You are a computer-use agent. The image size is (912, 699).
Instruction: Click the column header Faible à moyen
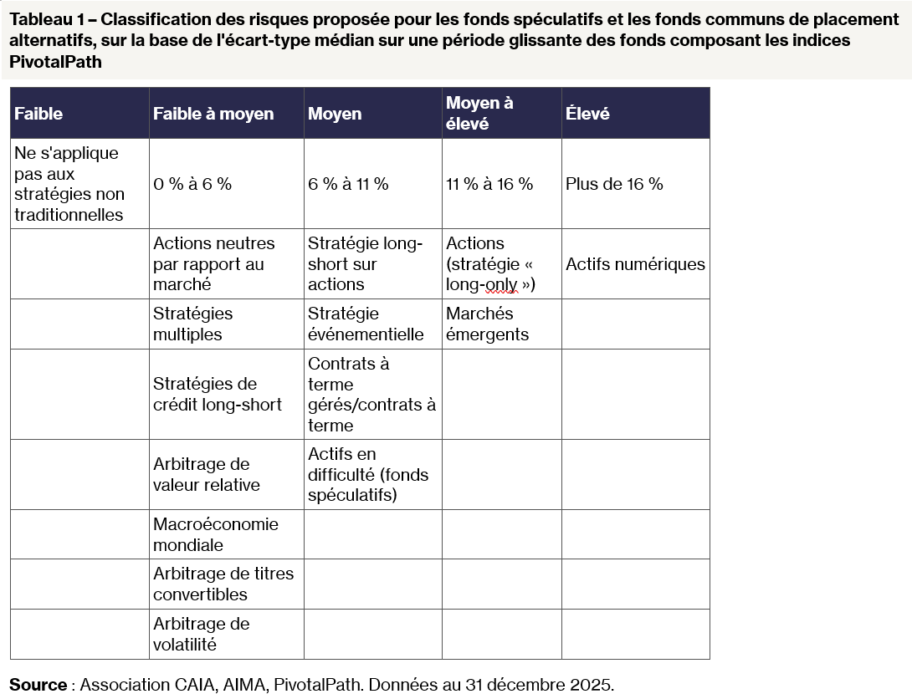[x=213, y=114]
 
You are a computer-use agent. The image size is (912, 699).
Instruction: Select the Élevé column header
[x=588, y=114]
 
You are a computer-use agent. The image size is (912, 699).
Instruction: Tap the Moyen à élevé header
[x=479, y=113]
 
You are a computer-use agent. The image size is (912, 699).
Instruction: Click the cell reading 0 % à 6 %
[x=192, y=184]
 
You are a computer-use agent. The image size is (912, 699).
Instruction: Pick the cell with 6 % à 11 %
[x=348, y=184]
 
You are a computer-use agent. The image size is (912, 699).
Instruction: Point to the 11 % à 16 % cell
[x=489, y=184]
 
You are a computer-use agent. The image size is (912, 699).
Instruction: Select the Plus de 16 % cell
[x=614, y=184]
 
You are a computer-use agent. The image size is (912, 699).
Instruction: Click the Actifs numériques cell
[x=635, y=264]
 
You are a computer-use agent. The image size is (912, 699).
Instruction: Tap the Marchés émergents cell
[x=487, y=324]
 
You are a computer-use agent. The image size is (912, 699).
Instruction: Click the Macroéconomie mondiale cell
[x=216, y=534]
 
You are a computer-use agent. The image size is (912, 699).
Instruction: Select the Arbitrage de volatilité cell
[x=201, y=634]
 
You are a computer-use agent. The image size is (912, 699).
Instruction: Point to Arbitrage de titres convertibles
[x=223, y=584]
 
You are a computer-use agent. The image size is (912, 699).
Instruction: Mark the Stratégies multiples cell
[x=193, y=324]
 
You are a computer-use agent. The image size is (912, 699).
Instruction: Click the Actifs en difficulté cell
[x=368, y=474]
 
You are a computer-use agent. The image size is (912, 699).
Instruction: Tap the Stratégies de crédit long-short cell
[x=218, y=394]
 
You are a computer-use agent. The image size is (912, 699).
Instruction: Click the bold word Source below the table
[x=38, y=685]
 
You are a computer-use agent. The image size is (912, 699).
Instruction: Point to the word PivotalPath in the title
[x=55, y=62]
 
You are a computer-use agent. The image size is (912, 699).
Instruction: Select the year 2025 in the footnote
[x=590, y=685]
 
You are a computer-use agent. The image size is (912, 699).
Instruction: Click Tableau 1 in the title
[x=45, y=20]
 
